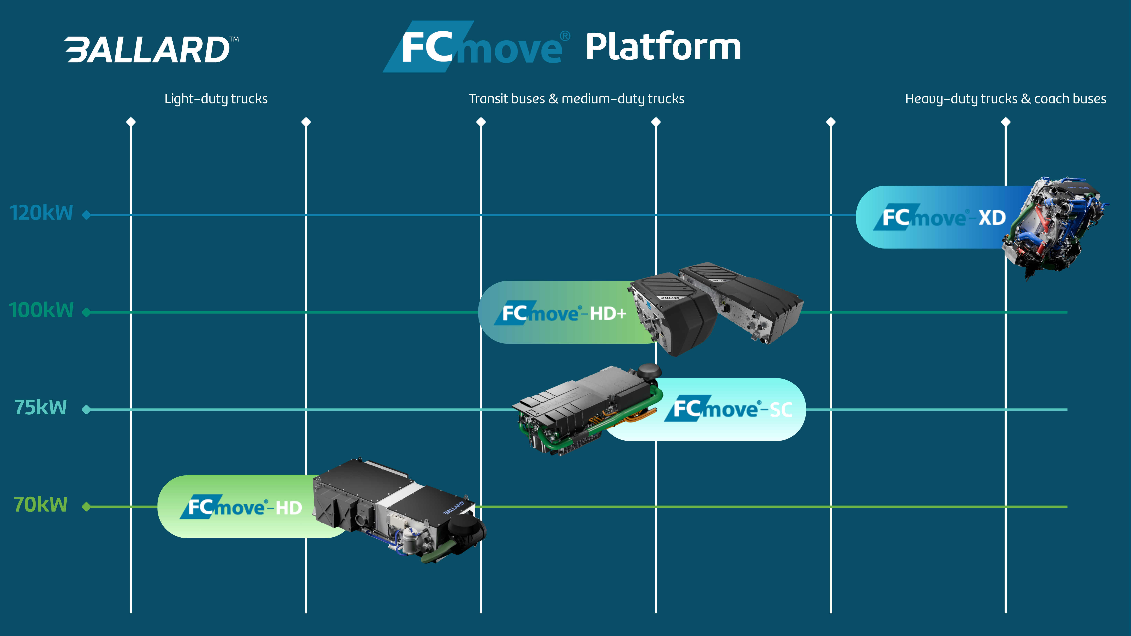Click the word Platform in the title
coord(663,47)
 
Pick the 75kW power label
coord(41,407)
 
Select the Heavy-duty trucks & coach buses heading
coord(1005,99)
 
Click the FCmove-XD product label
coord(944,217)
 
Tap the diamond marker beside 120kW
coord(86,215)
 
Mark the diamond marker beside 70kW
coord(86,507)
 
